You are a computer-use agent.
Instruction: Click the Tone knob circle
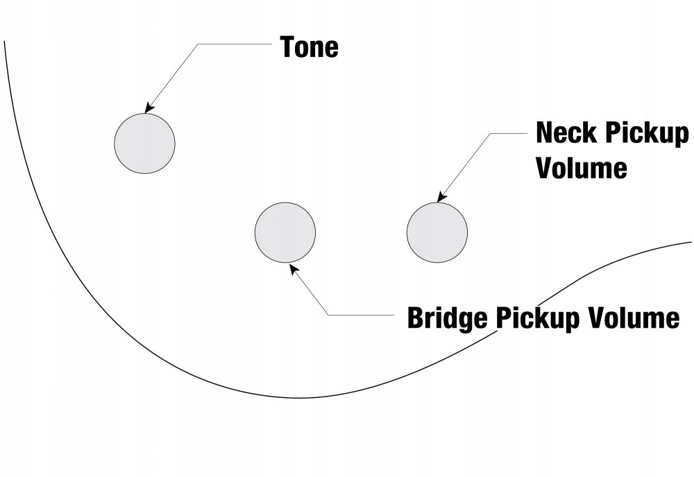(x=144, y=143)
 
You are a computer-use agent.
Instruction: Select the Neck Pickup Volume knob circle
(x=437, y=232)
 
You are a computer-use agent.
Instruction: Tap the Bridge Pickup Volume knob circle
(x=285, y=232)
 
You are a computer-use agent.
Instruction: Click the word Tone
(x=309, y=47)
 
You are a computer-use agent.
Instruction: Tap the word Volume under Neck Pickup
(x=581, y=168)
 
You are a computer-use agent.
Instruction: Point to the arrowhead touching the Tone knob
(x=149, y=109)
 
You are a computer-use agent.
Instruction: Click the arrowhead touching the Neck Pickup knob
(x=441, y=198)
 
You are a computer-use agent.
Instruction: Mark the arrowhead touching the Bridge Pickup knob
(x=291, y=266)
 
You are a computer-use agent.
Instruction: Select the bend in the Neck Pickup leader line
(x=491, y=133)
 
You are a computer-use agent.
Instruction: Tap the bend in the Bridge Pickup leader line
(x=328, y=315)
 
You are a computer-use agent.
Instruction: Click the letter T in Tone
(x=288, y=47)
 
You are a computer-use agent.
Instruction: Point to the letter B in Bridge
(x=415, y=318)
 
